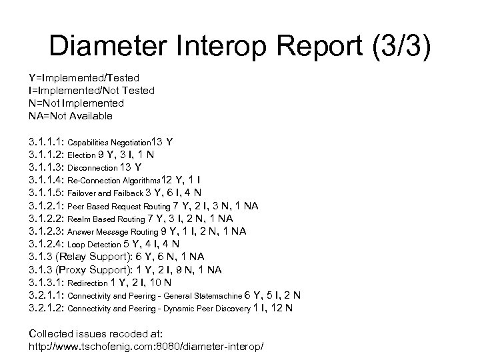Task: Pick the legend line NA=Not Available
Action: [x=71, y=116]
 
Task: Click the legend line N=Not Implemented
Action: [x=77, y=103]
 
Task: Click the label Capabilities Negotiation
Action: [x=110, y=143]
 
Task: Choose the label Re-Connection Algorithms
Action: [x=115, y=181]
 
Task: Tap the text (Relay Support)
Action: [x=97, y=257]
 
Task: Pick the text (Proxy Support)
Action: [x=99, y=269]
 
